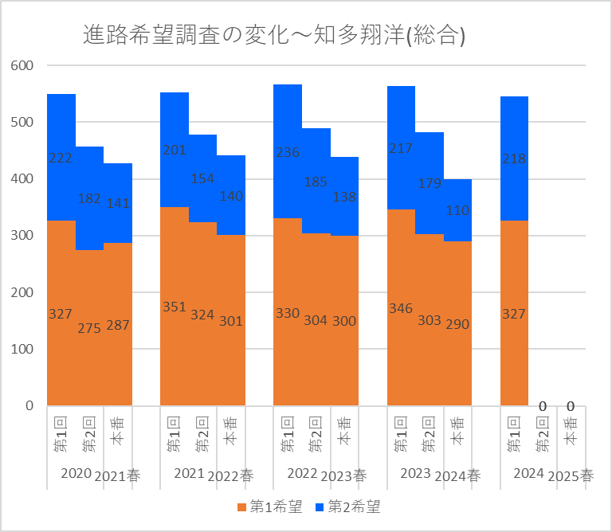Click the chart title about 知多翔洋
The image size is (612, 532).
point(274,35)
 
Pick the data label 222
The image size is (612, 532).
point(61,158)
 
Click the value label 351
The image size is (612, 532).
point(174,307)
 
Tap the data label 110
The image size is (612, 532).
point(457,211)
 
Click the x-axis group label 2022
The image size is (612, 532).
point(302,474)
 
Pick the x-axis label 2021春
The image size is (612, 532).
point(118,475)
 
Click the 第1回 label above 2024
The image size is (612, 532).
point(514,434)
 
